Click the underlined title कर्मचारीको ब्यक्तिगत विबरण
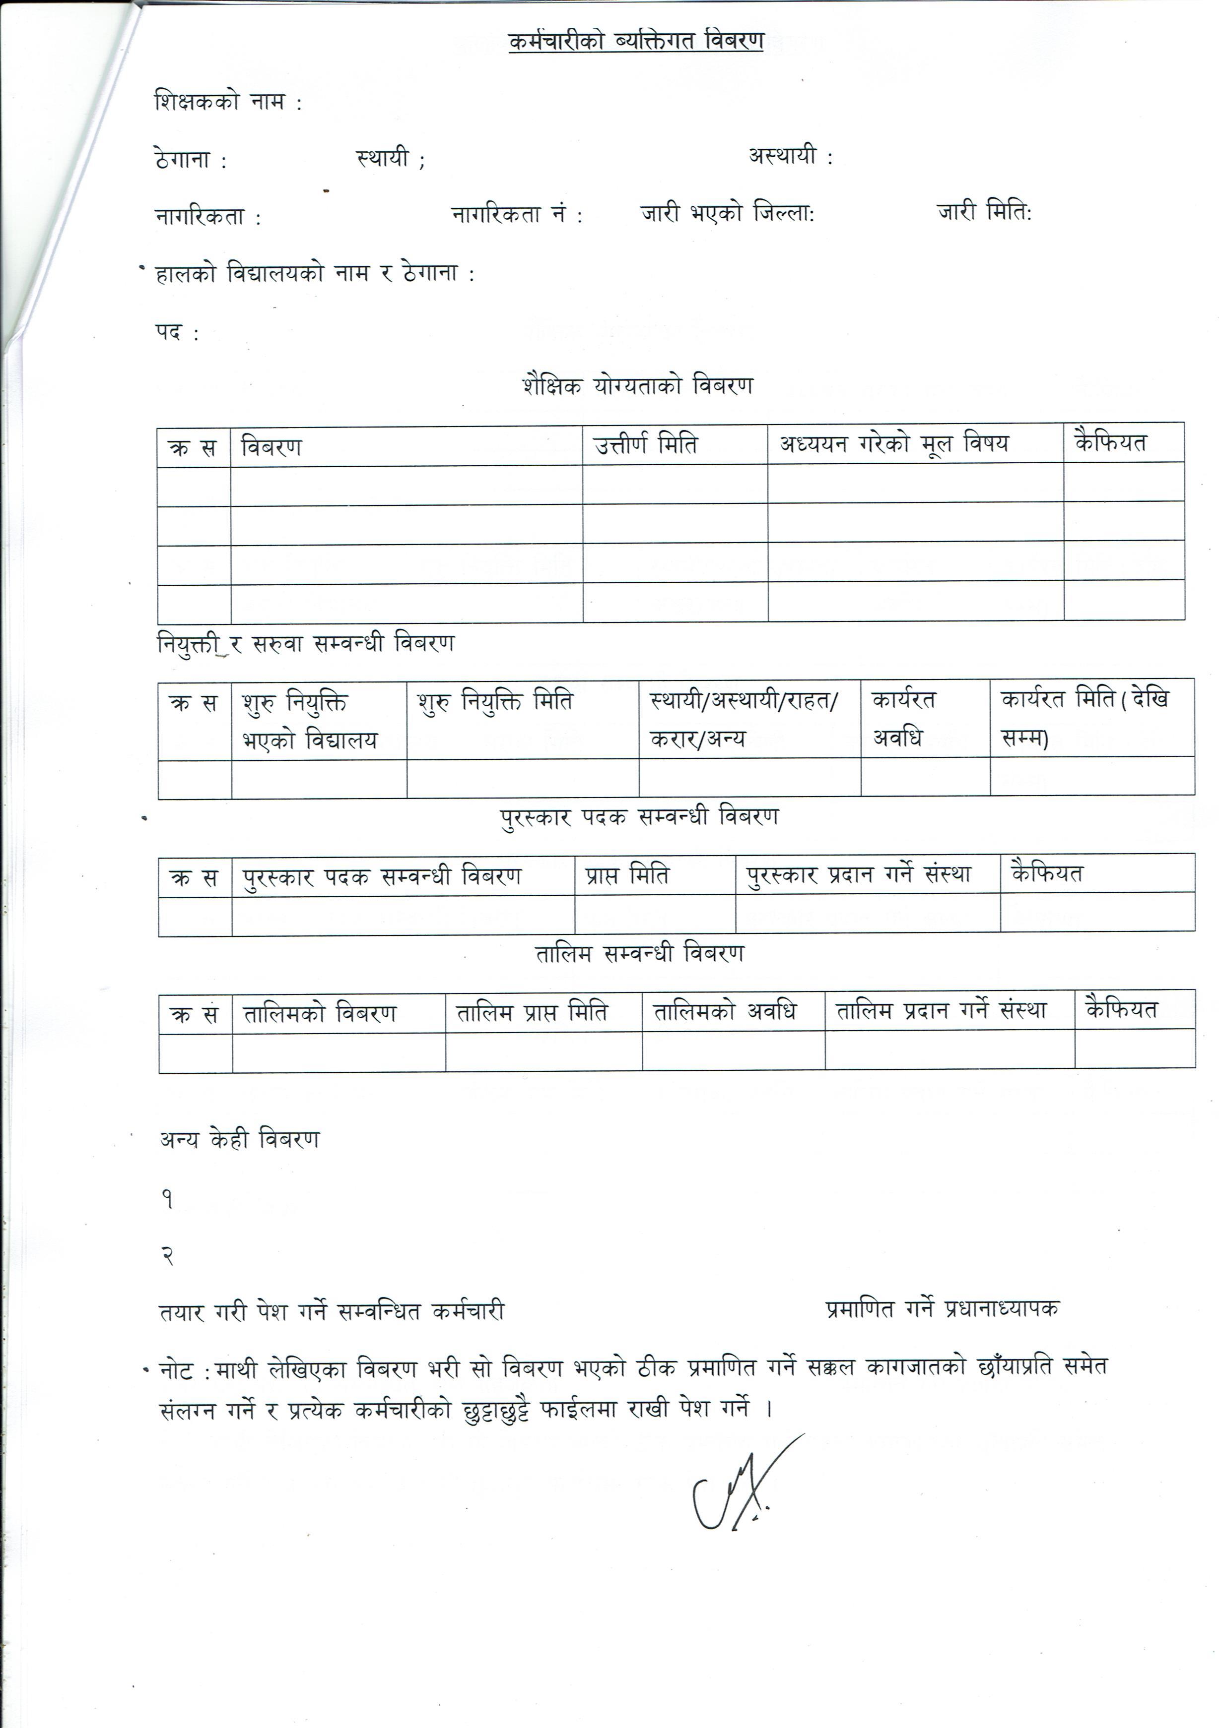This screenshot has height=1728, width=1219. [636, 41]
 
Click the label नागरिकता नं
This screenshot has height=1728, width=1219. [516, 215]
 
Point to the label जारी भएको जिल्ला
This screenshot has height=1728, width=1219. [727, 214]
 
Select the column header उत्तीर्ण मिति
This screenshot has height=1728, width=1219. [645, 445]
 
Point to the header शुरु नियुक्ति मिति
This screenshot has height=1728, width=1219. [495, 701]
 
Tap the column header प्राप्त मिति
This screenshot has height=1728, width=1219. [626, 875]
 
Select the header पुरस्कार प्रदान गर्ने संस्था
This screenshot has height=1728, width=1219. [858, 874]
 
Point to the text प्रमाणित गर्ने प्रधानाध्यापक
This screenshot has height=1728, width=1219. [942, 1309]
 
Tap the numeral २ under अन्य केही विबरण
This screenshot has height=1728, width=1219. [168, 1255]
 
